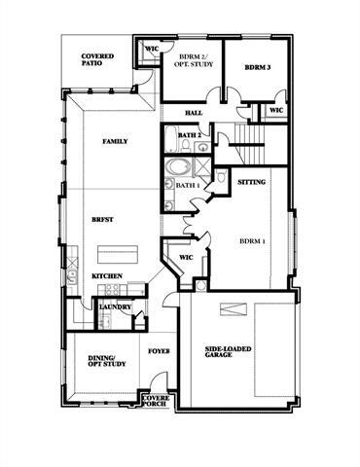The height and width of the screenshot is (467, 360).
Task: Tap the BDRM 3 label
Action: (256, 67)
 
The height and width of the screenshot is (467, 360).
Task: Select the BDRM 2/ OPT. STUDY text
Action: (191, 62)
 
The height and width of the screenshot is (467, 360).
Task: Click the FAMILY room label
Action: (116, 141)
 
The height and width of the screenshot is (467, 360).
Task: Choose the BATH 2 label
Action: (190, 134)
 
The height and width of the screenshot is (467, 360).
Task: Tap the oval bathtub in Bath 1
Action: (181, 165)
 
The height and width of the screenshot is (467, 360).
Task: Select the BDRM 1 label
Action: (255, 238)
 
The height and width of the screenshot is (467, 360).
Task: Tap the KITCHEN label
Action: (107, 276)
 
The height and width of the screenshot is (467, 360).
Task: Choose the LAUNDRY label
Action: (115, 306)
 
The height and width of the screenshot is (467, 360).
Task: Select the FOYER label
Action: (159, 350)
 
